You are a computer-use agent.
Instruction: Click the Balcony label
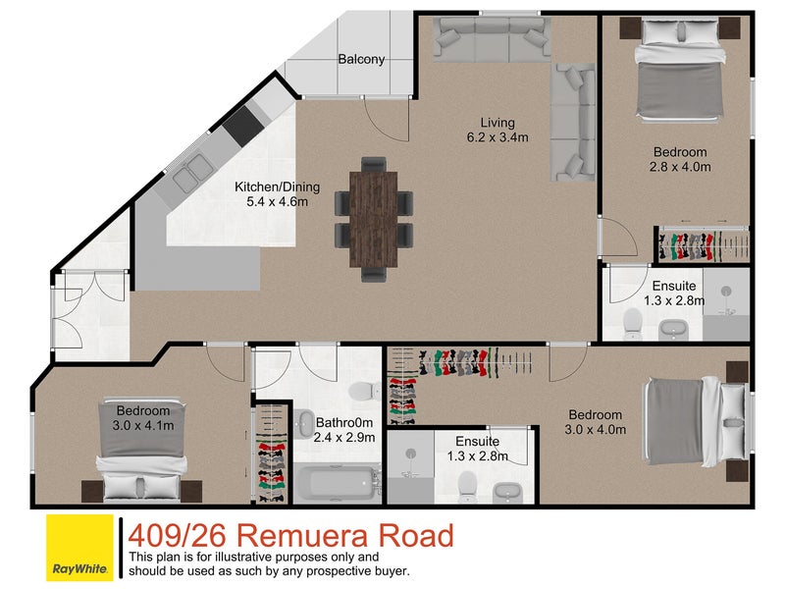click(x=361, y=60)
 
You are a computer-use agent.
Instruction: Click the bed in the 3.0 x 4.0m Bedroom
click(x=691, y=420)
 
